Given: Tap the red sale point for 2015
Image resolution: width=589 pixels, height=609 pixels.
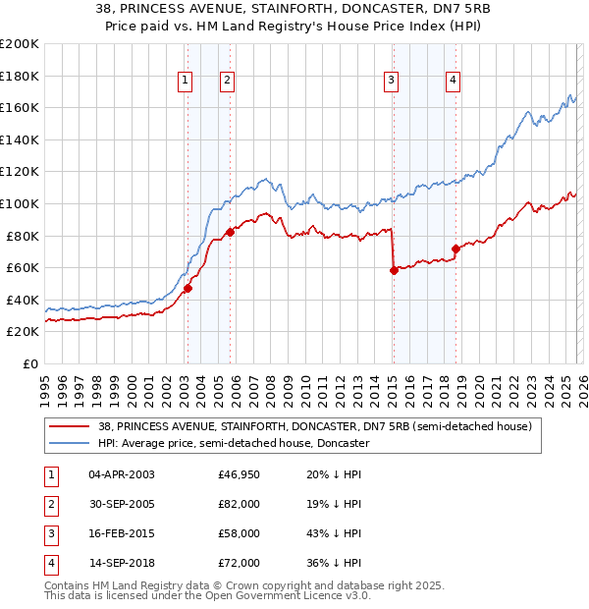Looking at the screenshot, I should [x=394, y=270].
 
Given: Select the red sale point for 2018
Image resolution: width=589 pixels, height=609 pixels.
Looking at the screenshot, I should [x=455, y=249].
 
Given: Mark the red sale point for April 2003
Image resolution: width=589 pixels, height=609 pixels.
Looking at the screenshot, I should [x=187, y=289].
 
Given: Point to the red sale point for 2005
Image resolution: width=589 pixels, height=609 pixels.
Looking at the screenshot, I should [x=231, y=233].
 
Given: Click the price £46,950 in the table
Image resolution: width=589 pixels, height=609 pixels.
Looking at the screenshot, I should [x=240, y=474].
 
